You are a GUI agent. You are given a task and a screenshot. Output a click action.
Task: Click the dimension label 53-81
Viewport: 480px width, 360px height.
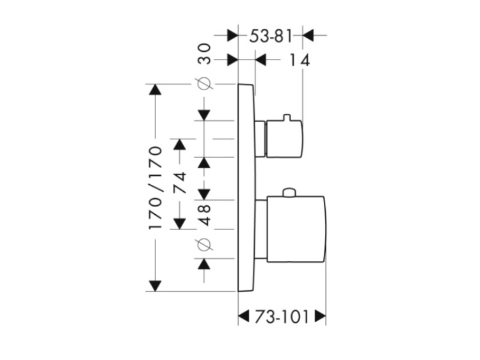[x=270, y=36]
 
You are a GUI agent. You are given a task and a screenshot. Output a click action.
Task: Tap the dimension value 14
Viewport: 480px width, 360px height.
[x=299, y=61]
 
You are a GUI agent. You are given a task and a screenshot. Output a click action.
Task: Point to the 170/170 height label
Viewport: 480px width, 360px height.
[x=156, y=189]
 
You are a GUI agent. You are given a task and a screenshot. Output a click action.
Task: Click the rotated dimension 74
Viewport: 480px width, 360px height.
[x=180, y=184]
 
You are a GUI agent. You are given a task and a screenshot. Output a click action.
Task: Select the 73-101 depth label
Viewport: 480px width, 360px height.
[x=282, y=317]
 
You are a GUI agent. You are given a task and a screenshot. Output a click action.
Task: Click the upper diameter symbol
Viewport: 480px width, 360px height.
[x=205, y=84]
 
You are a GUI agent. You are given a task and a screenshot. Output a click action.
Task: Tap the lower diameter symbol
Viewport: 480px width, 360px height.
[x=205, y=244]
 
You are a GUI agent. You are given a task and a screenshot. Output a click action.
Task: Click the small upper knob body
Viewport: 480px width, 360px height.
[x=282, y=137]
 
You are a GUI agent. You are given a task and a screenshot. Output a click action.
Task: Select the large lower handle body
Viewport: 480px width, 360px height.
[x=294, y=229]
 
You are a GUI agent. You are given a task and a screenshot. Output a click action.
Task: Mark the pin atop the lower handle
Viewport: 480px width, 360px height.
[x=289, y=192]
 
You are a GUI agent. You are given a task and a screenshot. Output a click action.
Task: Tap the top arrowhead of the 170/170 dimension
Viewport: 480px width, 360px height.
[x=154, y=90]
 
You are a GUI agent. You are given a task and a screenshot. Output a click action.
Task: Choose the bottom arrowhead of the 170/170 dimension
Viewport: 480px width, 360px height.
[x=154, y=285]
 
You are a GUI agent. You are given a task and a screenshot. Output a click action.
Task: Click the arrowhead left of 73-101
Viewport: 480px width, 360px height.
[x=244, y=317]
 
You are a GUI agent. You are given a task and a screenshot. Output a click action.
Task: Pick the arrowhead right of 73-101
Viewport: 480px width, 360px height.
[x=320, y=317]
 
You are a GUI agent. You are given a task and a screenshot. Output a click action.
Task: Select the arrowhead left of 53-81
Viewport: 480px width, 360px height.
[x=232, y=36]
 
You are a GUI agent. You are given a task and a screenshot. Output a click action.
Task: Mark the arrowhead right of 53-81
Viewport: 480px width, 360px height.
[x=308, y=36]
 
